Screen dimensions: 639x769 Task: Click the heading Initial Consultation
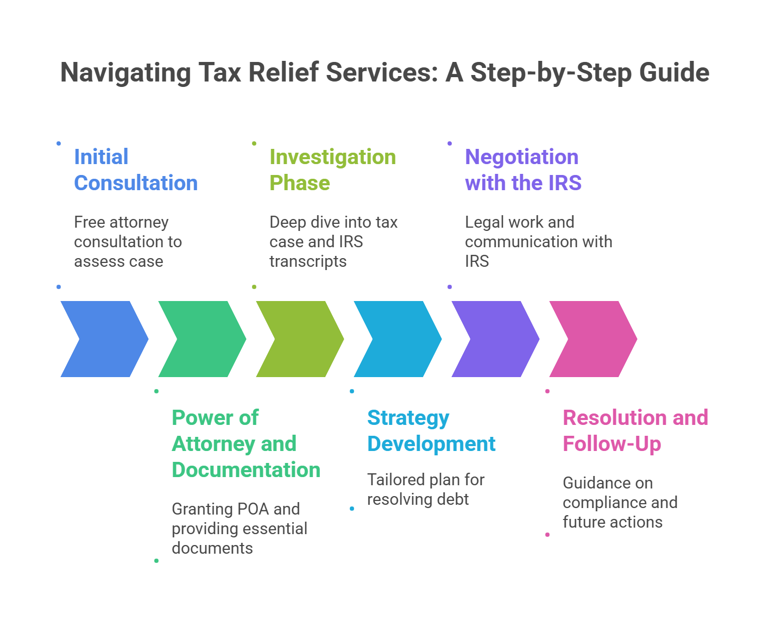(x=136, y=170)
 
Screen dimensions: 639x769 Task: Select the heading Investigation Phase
(x=332, y=170)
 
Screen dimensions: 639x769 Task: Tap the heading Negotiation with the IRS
(x=523, y=170)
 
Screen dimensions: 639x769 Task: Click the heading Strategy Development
(x=431, y=431)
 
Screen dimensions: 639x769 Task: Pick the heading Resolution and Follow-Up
(x=635, y=431)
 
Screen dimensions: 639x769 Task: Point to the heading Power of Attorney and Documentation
(x=246, y=444)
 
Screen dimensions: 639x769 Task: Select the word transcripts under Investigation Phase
(x=308, y=261)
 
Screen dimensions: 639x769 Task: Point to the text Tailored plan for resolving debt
(x=426, y=490)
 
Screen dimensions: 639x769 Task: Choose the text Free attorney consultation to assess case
(x=128, y=242)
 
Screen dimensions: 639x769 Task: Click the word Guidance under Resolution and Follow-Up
(x=608, y=483)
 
